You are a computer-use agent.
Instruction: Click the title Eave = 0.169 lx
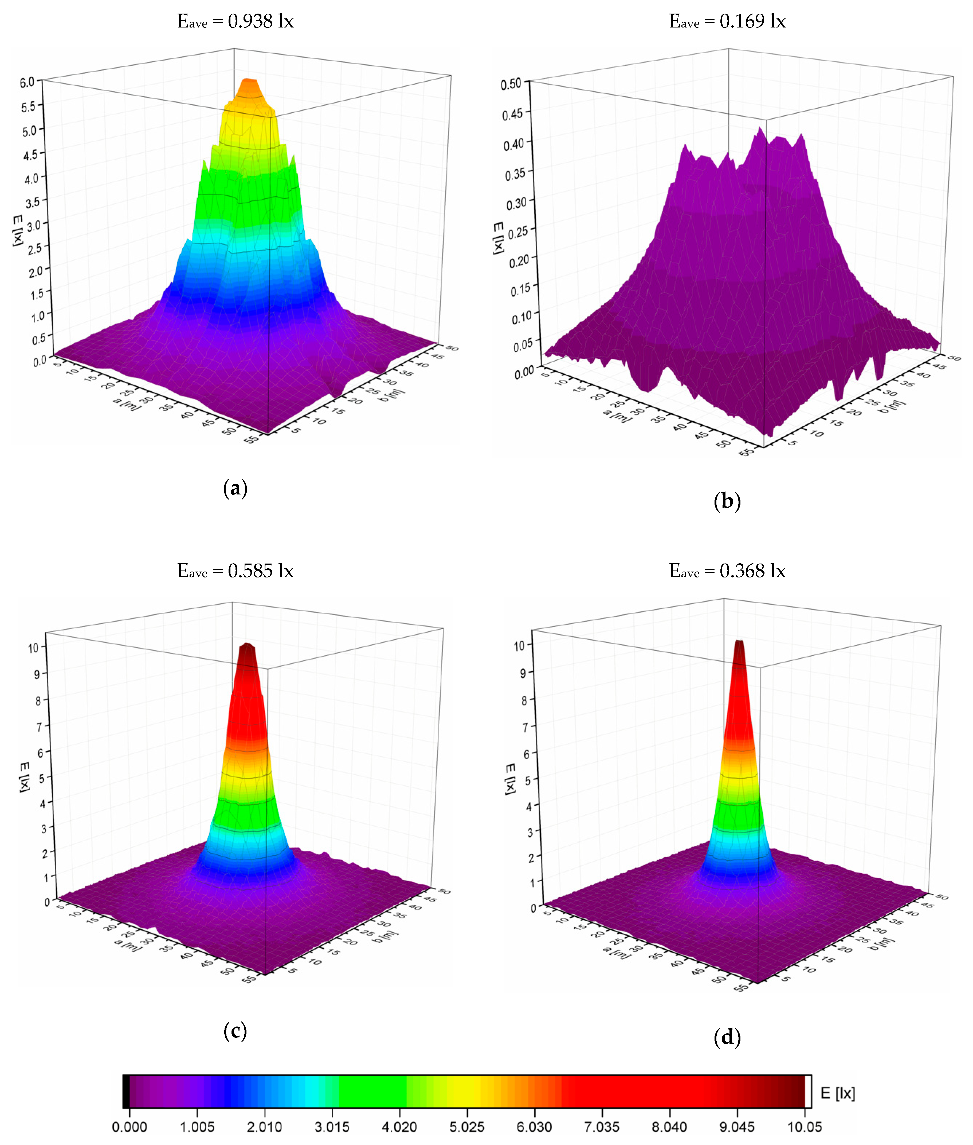pos(727,22)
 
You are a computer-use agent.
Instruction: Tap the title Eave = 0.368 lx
pos(727,571)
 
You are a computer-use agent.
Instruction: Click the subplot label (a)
pos(235,488)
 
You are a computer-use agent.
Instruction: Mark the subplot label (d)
pos(727,1037)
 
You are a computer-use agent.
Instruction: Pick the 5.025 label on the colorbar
pos(467,1127)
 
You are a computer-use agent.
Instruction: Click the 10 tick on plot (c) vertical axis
pos(34,648)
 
